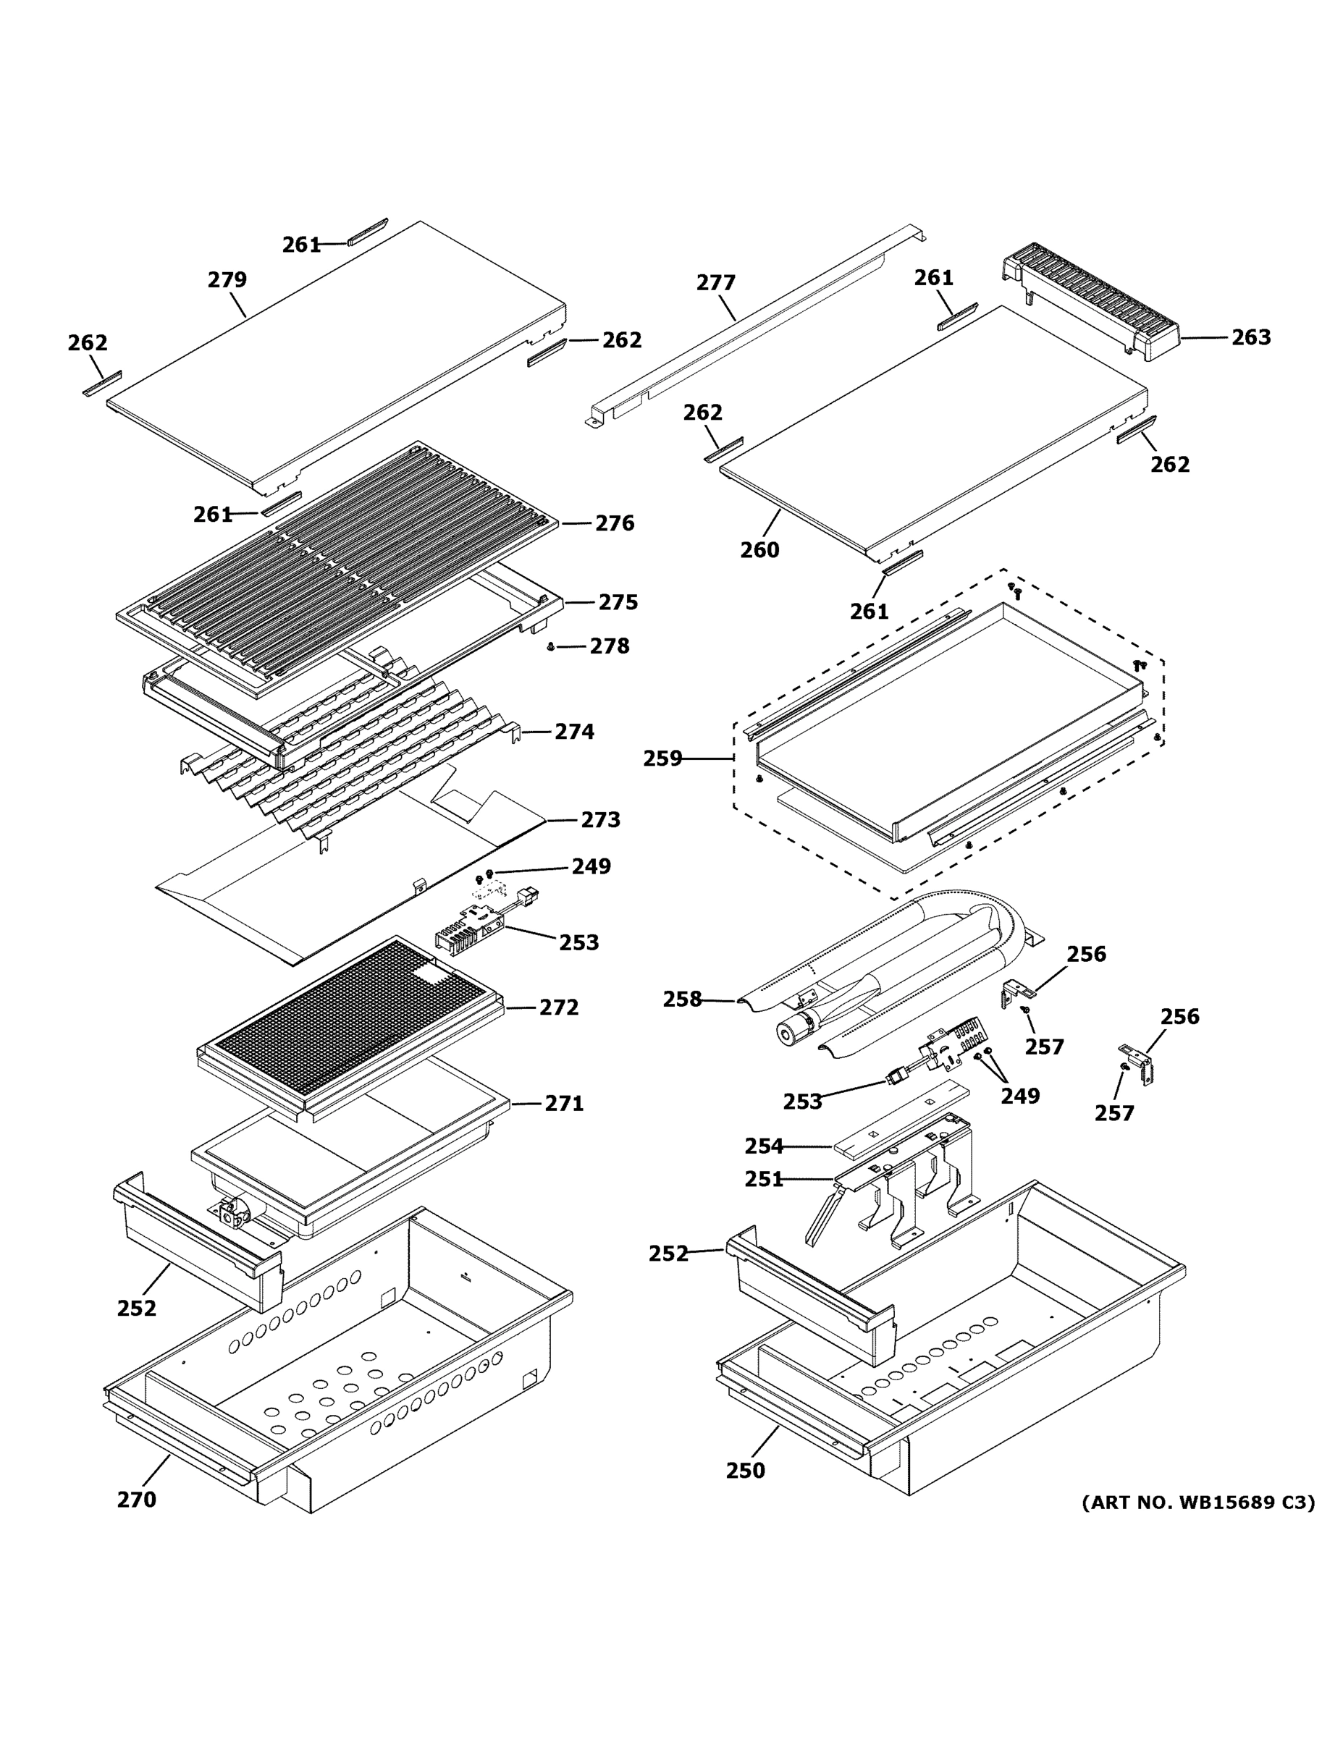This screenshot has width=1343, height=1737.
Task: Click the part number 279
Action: point(227,280)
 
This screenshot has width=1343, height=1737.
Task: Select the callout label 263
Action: point(1251,338)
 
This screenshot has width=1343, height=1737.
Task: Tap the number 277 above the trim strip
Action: point(716,283)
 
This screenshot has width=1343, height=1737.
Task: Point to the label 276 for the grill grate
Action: point(614,523)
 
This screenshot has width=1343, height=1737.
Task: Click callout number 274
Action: point(573,732)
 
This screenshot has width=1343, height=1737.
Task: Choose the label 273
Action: point(600,820)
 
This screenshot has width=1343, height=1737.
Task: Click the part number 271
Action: point(563,1104)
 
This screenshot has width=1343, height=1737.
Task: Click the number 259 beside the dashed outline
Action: point(662,758)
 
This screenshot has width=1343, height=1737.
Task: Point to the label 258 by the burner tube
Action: point(683,999)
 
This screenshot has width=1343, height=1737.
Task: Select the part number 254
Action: point(764,1146)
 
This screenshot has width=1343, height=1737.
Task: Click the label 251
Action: point(764,1180)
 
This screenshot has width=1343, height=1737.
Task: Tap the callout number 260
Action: point(759,549)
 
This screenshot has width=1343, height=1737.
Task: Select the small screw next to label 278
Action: point(550,648)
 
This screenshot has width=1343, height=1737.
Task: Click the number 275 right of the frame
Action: point(618,603)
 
